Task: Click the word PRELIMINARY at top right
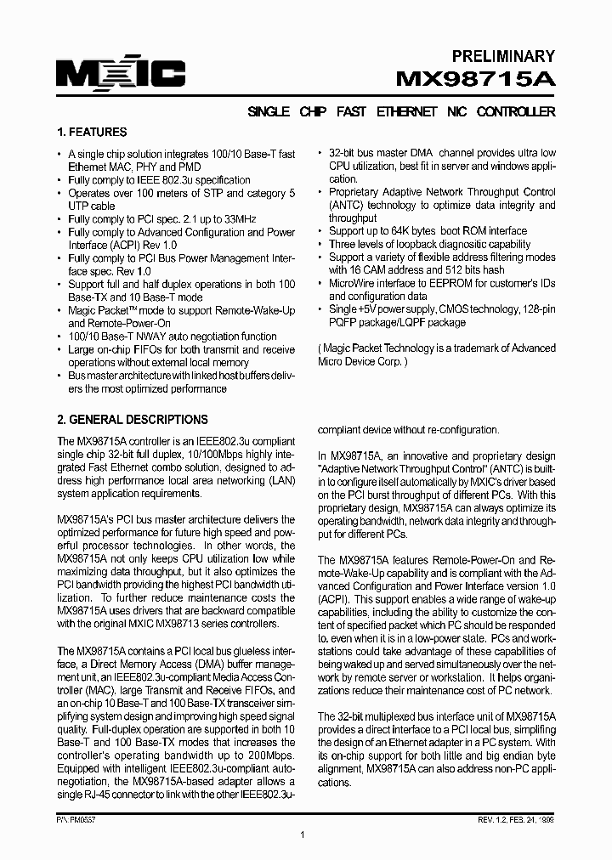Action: pyautogui.click(x=502, y=57)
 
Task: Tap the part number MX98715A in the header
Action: pyautogui.click(x=476, y=81)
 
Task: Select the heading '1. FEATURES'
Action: pyautogui.click(x=92, y=133)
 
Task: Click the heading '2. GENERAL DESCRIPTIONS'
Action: pyautogui.click(x=132, y=420)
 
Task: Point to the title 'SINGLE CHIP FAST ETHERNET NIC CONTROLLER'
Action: pyautogui.click(x=400, y=112)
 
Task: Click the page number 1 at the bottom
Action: pyautogui.click(x=303, y=812)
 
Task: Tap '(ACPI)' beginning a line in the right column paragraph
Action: pyautogui.click(x=333, y=599)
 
